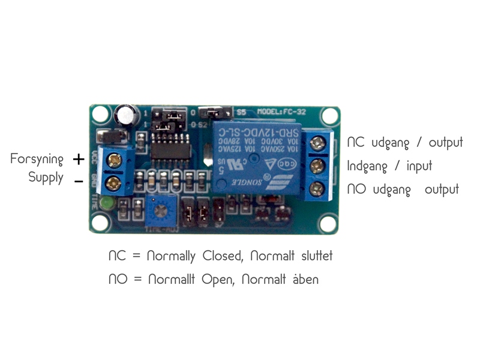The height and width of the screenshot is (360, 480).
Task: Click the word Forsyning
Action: click(37, 160)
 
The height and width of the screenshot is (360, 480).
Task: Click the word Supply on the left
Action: click(46, 178)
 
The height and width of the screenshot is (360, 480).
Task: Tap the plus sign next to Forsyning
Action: click(79, 160)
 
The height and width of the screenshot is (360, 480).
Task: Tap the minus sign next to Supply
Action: click(79, 180)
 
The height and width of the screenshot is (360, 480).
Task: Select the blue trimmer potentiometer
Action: click(160, 211)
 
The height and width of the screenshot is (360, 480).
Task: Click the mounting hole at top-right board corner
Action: click(328, 115)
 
